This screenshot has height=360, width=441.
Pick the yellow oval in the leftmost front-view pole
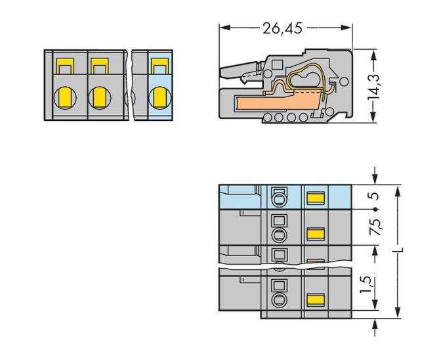tap(65, 97)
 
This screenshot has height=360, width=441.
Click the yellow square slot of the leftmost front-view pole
tap(65, 66)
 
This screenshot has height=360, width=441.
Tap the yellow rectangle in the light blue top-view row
tap(316, 197)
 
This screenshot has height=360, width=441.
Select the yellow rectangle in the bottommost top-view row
tap(316, 300)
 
